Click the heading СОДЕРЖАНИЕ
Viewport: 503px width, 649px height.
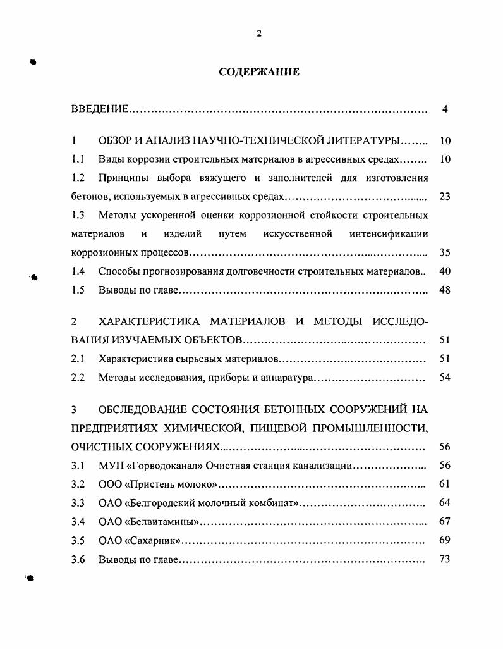click(259, 72)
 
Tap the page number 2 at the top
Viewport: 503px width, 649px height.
click(259, 34)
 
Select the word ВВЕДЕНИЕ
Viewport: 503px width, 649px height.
click(100, 109)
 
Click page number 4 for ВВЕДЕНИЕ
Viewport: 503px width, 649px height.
click(445, 109)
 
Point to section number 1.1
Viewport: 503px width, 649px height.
click(78, 159)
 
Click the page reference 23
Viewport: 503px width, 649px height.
click(444, 196)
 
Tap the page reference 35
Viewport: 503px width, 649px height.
click(444, 252)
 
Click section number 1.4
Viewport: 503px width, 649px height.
click(78, 271)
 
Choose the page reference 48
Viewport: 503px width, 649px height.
click(444, 290)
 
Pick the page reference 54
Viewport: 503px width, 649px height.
click(444, 378)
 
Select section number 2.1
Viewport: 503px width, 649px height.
click(78, 359)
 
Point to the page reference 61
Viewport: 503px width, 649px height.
click(444, 485)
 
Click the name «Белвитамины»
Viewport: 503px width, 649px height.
click(163, 522)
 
